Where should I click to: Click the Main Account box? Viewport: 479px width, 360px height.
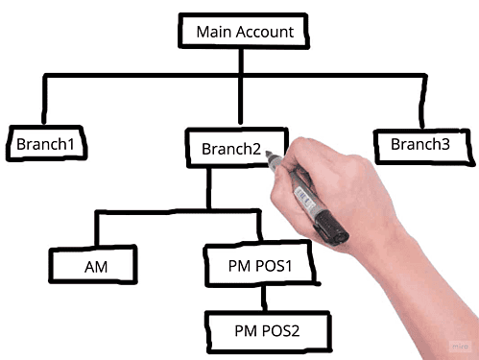(x=244, y=31)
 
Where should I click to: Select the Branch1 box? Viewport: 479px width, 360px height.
(x=46, y=143)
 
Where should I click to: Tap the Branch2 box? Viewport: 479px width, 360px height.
(x=237, y=148)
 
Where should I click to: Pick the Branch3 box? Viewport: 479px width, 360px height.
(x=423, y=147)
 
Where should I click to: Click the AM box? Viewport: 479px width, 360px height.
(x=93, y=265)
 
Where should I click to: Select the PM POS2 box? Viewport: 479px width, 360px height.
(x=269, y=332)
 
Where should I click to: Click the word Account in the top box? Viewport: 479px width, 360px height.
(x=265, y=32)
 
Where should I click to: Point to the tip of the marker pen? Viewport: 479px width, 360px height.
(x=267, y=153)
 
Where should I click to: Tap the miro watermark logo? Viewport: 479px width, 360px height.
(x=460, y=346)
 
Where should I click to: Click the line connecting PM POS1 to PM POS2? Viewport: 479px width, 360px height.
(x=264, y=299)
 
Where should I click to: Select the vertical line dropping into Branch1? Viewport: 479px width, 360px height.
(x=44, y=100)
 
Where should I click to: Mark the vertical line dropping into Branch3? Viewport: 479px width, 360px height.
(x=423, y=102)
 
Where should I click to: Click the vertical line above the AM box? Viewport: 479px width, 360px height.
(x=97, y=228)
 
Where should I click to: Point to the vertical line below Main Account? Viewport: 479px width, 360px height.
(x=241, y=85)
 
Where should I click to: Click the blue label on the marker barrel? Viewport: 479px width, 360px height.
(x=302, y=196)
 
